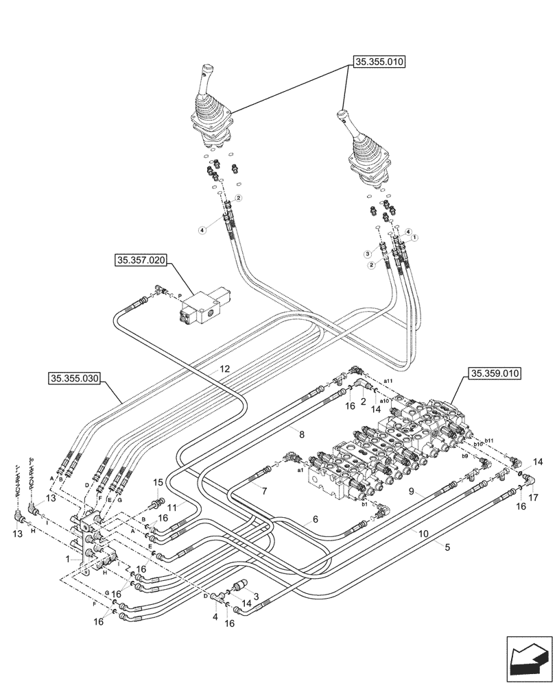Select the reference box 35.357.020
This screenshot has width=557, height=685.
(x=141, y=260)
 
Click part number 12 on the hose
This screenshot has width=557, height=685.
(x=224, y=369)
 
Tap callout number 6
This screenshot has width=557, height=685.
(x=315, y=519)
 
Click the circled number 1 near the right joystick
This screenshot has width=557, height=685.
(x=415, y=237)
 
